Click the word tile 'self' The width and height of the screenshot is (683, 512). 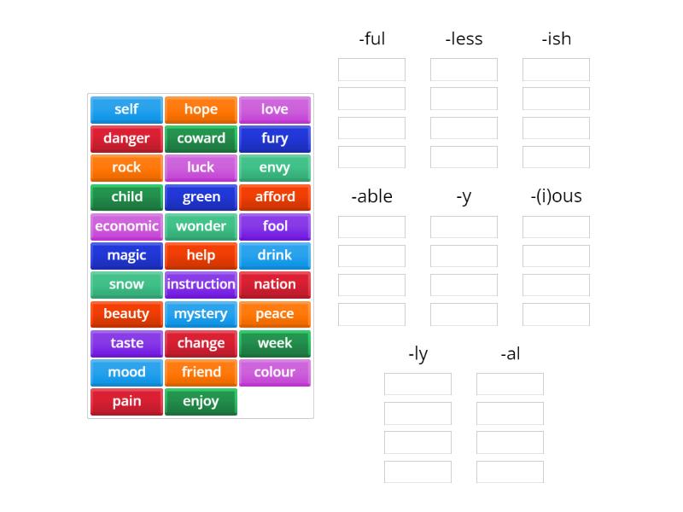tap(126, 109)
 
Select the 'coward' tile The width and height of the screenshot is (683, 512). tap(201, 138)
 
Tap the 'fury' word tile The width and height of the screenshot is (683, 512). tap(275, 138)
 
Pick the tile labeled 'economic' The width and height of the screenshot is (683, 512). tap(126, 226)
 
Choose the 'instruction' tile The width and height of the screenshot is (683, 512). tap(201, 284)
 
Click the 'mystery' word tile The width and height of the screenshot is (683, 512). tap(201, 314)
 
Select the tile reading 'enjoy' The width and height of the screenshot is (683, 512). tap(201, 401)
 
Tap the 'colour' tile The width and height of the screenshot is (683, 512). tap(275, 372)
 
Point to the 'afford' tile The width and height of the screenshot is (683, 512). tap(275, 197)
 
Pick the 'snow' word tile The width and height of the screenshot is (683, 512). tap(126, 284)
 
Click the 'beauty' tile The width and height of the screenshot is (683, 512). tap(126, 314)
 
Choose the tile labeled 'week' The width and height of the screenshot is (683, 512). tap(275, 343)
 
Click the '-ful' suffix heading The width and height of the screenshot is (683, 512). tap(371, 38)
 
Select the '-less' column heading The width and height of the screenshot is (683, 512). tap(464, 38)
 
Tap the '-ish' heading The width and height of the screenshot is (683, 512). tap(556, 38)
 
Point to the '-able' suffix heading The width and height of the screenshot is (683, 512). tap(371, 196)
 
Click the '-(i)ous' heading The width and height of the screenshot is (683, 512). tap(556, 196)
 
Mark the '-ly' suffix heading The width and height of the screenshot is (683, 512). tap(417, 353)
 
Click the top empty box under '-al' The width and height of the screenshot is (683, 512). tap(510, 384)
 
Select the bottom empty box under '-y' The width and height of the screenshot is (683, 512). tap(464, 314)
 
